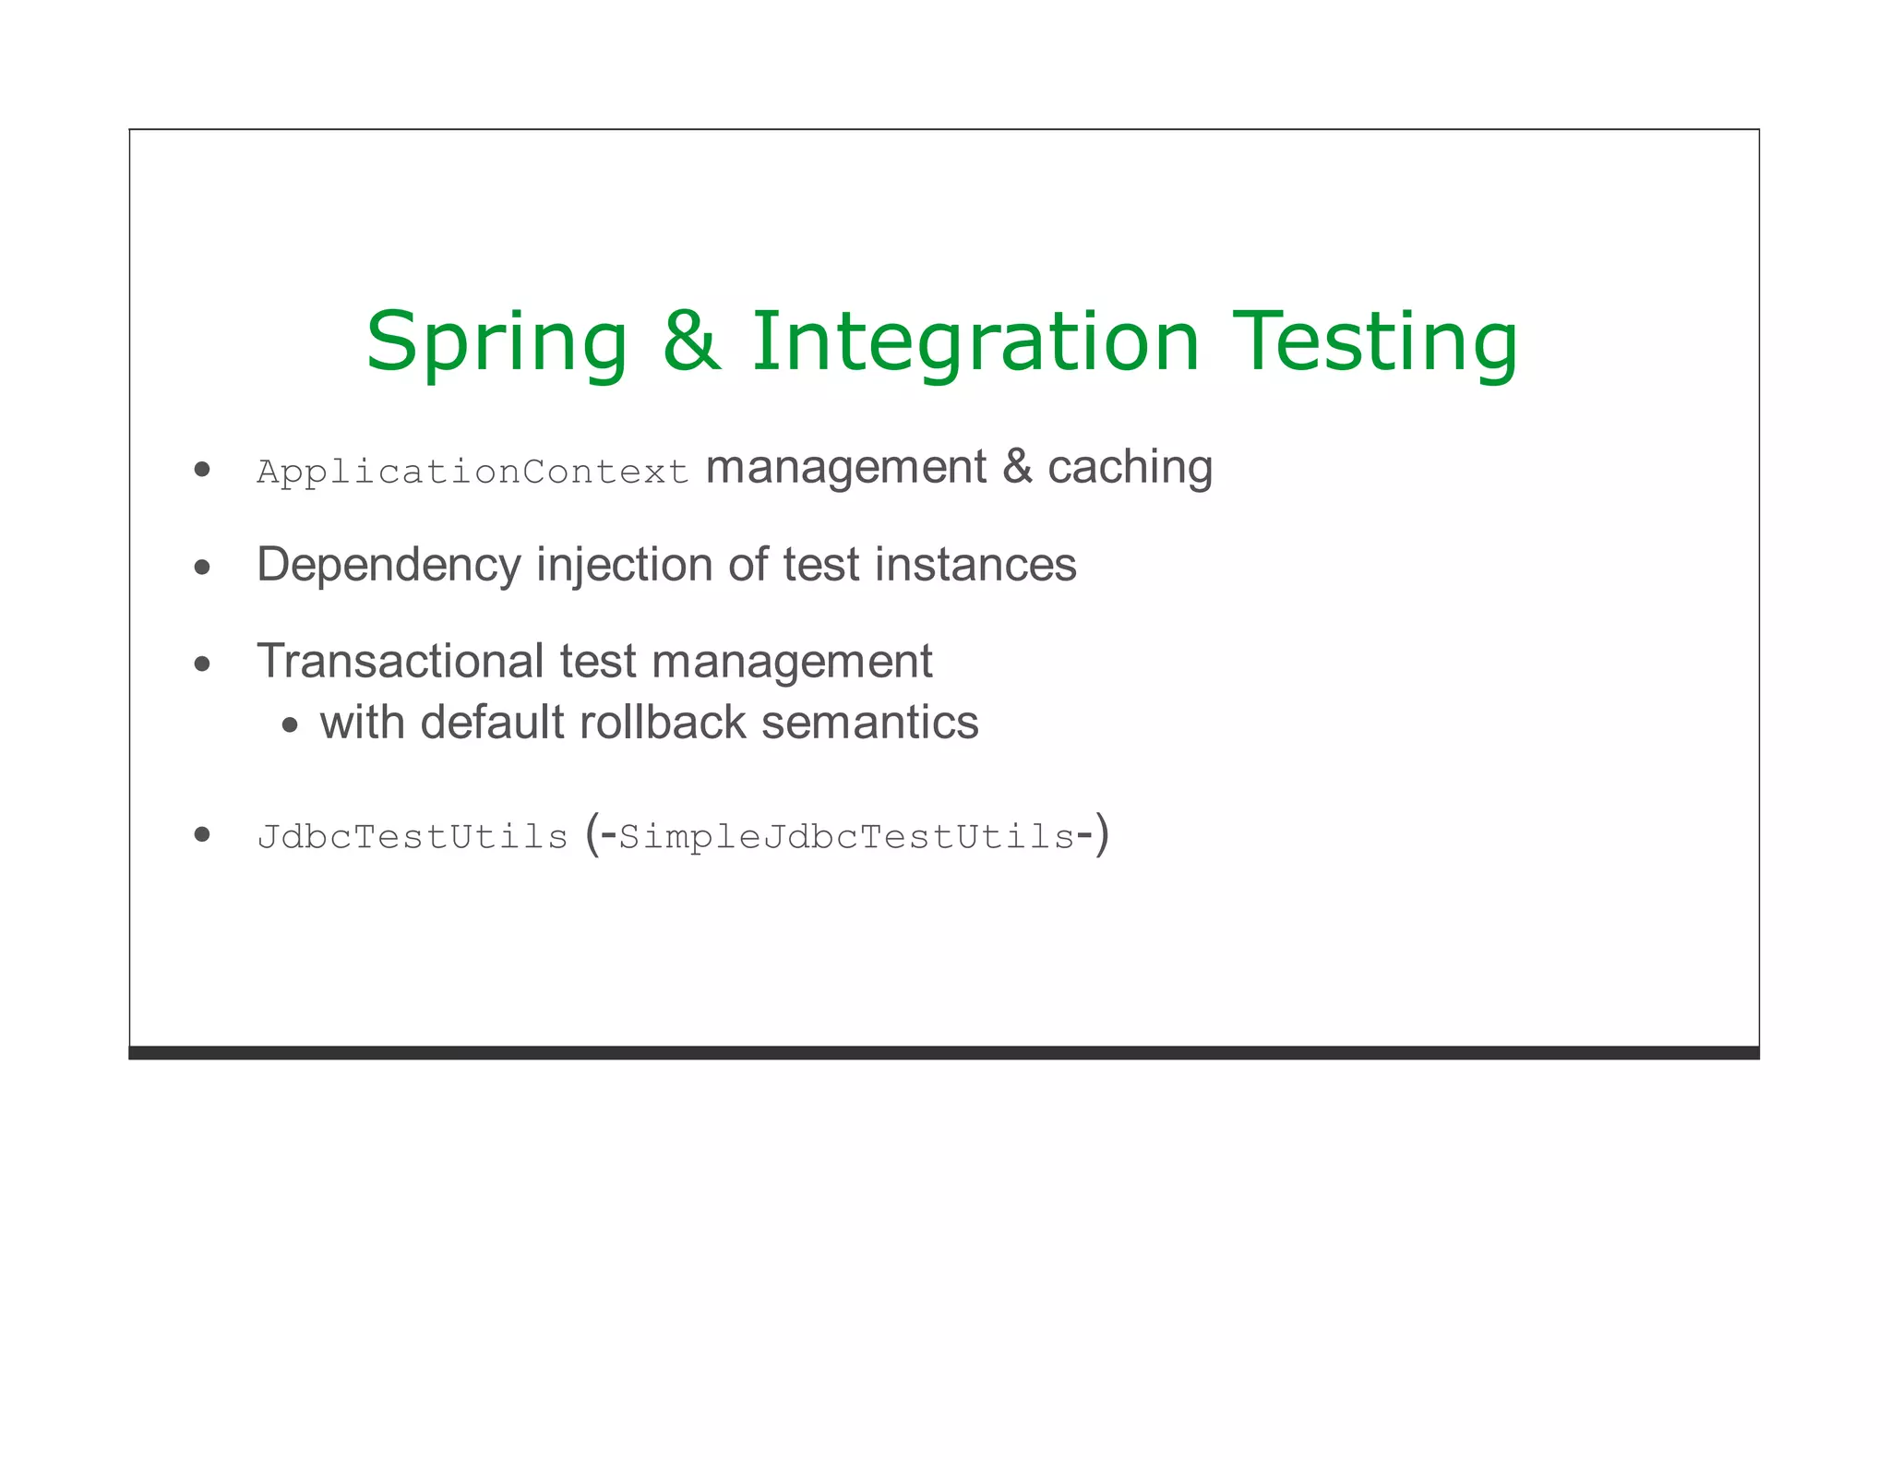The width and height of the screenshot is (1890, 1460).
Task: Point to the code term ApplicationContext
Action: [472, 473]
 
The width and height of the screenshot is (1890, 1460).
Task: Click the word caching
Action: [1130, 468]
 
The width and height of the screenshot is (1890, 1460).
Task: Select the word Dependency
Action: [389, 565]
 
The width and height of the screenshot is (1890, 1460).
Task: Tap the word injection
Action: [624, 565]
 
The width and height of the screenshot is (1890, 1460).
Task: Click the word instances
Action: [975, 564]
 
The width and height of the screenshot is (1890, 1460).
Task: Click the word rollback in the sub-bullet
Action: [662, 722]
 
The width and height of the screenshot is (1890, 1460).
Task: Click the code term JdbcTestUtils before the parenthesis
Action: [412, 836]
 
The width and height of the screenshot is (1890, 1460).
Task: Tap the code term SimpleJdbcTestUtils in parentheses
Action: [846, 837]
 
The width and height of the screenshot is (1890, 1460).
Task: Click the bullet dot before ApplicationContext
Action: [203, 469]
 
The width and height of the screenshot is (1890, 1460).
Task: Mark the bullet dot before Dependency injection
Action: [203, 567]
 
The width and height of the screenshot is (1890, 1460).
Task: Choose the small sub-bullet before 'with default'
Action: [291, 725]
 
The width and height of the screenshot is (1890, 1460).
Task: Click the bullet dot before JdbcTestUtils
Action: [203, 834]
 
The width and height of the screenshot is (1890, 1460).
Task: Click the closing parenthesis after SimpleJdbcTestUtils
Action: [1102, 835]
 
